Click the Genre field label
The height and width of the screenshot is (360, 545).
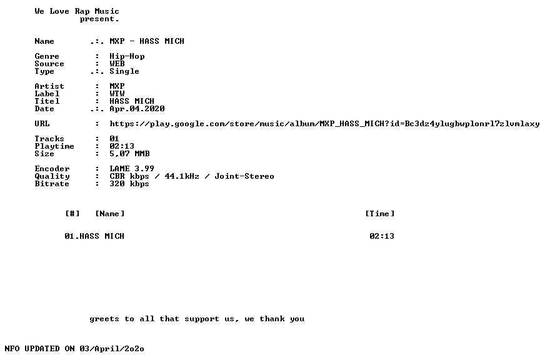tap(47, 56)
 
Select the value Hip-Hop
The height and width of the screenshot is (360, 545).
tap(127, 57)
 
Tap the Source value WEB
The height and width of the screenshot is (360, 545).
tap(117, 64)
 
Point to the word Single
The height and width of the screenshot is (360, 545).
tap(124, 72)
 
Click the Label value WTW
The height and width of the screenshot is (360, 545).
tap(117, 94)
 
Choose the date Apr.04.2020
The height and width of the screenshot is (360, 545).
tap(137, 109)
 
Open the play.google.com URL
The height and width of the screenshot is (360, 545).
tap(324, 124)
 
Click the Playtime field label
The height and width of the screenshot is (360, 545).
tap(54, 146)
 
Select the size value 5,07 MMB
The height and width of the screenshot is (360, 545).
tap(129, 154)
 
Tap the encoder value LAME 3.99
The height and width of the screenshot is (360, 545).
tap(132, 169)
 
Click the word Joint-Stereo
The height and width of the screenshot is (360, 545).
tap(244, 176)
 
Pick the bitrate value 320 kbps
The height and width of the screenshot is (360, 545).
tap(129, 184)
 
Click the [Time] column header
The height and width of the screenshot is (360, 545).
tap(380, 214)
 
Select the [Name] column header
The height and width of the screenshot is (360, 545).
tap(110, 214)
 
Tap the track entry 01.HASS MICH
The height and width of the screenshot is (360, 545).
tap(94, 236)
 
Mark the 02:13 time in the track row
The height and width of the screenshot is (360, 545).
tap(382, 236)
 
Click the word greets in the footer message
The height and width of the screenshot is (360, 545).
tap(104, 319)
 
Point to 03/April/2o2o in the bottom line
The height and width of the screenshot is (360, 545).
tap(112, 349)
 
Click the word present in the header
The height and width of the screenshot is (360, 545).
tap(98, 19)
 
